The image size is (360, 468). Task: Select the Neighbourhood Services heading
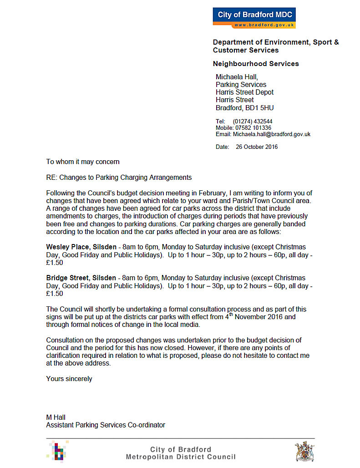click(x=256, y=64)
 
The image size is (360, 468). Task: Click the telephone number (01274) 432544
click(x=253, y=122)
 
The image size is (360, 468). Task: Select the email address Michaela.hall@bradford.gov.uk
click(x=272, y=134)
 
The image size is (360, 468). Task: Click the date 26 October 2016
click(x=257, y=147)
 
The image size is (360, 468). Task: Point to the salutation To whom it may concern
click(x=83, y=162)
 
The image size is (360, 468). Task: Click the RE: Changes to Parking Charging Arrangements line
click(x=119, y=178)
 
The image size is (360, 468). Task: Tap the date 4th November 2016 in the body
click(x=254, y=317)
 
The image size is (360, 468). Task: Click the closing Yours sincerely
click(x=69, y=379)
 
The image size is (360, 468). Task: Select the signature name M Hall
click(x=56, y=417)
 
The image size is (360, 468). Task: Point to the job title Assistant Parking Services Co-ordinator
click(x=106, y=425)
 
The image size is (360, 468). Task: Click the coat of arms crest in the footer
click(x=304, y=452)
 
